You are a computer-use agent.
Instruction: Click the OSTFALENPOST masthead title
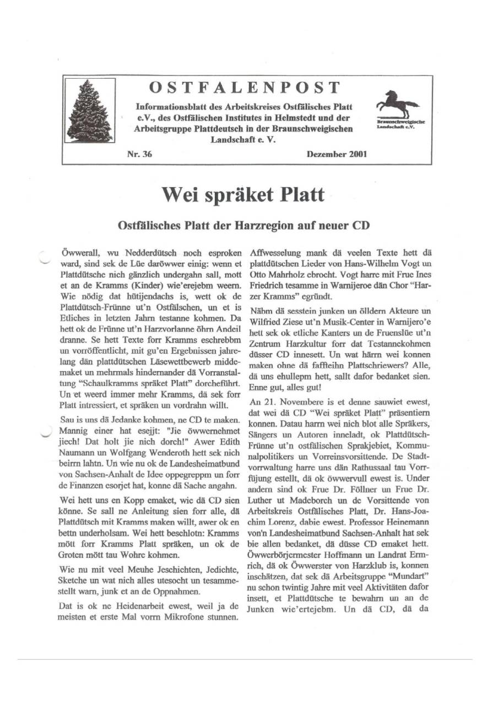pos(245,88)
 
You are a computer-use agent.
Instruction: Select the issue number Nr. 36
pos(139,154)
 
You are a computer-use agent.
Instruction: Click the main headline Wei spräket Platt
pos(243,194)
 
